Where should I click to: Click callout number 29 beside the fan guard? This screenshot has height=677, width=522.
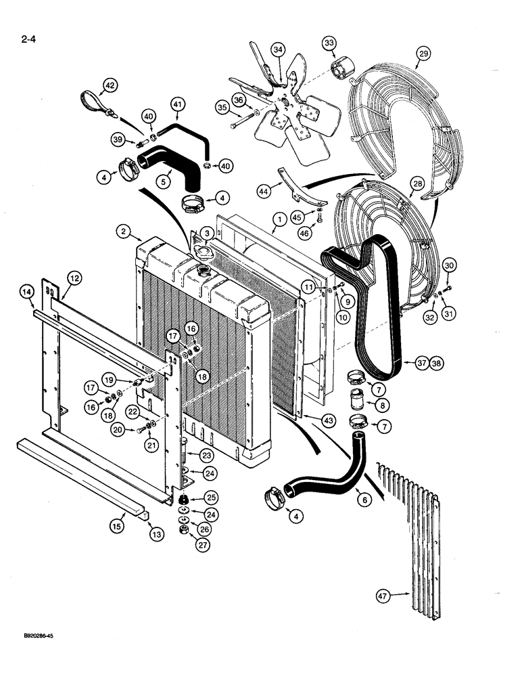(423, 52)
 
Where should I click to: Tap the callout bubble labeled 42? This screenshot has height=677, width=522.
(110, 85)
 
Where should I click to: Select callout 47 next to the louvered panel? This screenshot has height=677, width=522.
(384, 596)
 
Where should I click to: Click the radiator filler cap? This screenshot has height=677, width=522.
(202, 251)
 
